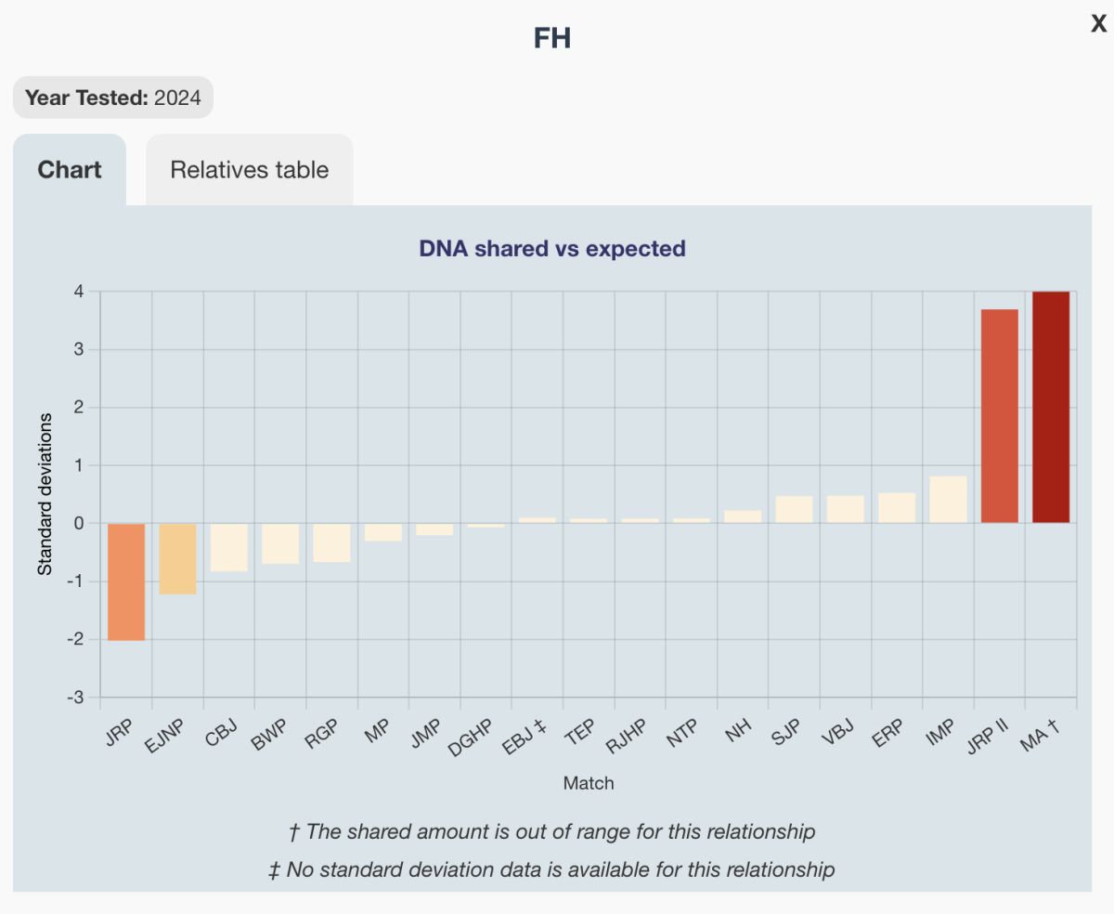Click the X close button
click(x=1098, y=25)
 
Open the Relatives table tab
click(x=249, y=170)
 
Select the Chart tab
click(x=70, y=170)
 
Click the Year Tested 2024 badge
click(x=113, y=98)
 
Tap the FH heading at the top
click(x=552, y=38)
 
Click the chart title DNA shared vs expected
click(x=552, y=248)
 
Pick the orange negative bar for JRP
click(x=126, y=581)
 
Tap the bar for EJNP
click(x=177, y=558)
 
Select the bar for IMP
click(x=948, y=500)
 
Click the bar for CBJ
click(x=229, y=547)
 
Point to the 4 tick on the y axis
click(x=79, y=292)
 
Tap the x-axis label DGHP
click(x=474, y=738)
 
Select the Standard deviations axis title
click(x=45, y=494)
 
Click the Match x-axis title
click(x=589, y=783)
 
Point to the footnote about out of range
click(x=552, y=831)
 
